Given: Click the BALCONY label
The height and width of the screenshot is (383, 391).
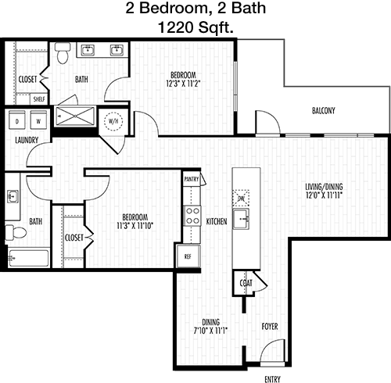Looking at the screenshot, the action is click(324, 111).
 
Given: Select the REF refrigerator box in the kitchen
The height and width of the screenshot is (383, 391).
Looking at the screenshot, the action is click(188, 256).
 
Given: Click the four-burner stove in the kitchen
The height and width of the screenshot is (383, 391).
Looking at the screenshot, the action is click(192, 216).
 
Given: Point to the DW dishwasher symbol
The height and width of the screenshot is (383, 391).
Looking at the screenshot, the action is click(241, 199).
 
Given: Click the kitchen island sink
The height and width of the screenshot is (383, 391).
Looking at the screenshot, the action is click(241, 219).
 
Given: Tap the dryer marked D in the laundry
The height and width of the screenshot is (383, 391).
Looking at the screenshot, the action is click(17, 120).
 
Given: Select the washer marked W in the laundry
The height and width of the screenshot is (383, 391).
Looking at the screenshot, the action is click(38, 120).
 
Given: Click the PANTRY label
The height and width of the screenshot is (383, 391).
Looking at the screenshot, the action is click(192, 179).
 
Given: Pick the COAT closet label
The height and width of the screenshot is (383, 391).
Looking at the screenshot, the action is click(246, 283).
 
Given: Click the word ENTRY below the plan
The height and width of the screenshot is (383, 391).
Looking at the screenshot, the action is click(272, 379).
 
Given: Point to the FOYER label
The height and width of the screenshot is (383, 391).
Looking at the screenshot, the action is click(270, 326).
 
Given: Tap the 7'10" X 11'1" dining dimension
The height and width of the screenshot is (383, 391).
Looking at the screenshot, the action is click(210, 331).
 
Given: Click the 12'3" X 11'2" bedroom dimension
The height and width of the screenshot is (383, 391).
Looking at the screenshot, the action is click(183, 84).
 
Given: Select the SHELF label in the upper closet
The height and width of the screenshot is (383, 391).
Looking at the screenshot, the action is click(39, 99).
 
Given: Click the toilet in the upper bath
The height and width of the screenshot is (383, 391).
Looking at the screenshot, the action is click(63, 53).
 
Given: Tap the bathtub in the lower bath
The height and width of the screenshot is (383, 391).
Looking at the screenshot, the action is click(28, 258).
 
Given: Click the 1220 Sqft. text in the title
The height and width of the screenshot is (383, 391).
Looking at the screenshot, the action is click(195, 27).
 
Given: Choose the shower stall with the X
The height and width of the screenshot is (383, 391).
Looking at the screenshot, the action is click(75, 116).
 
